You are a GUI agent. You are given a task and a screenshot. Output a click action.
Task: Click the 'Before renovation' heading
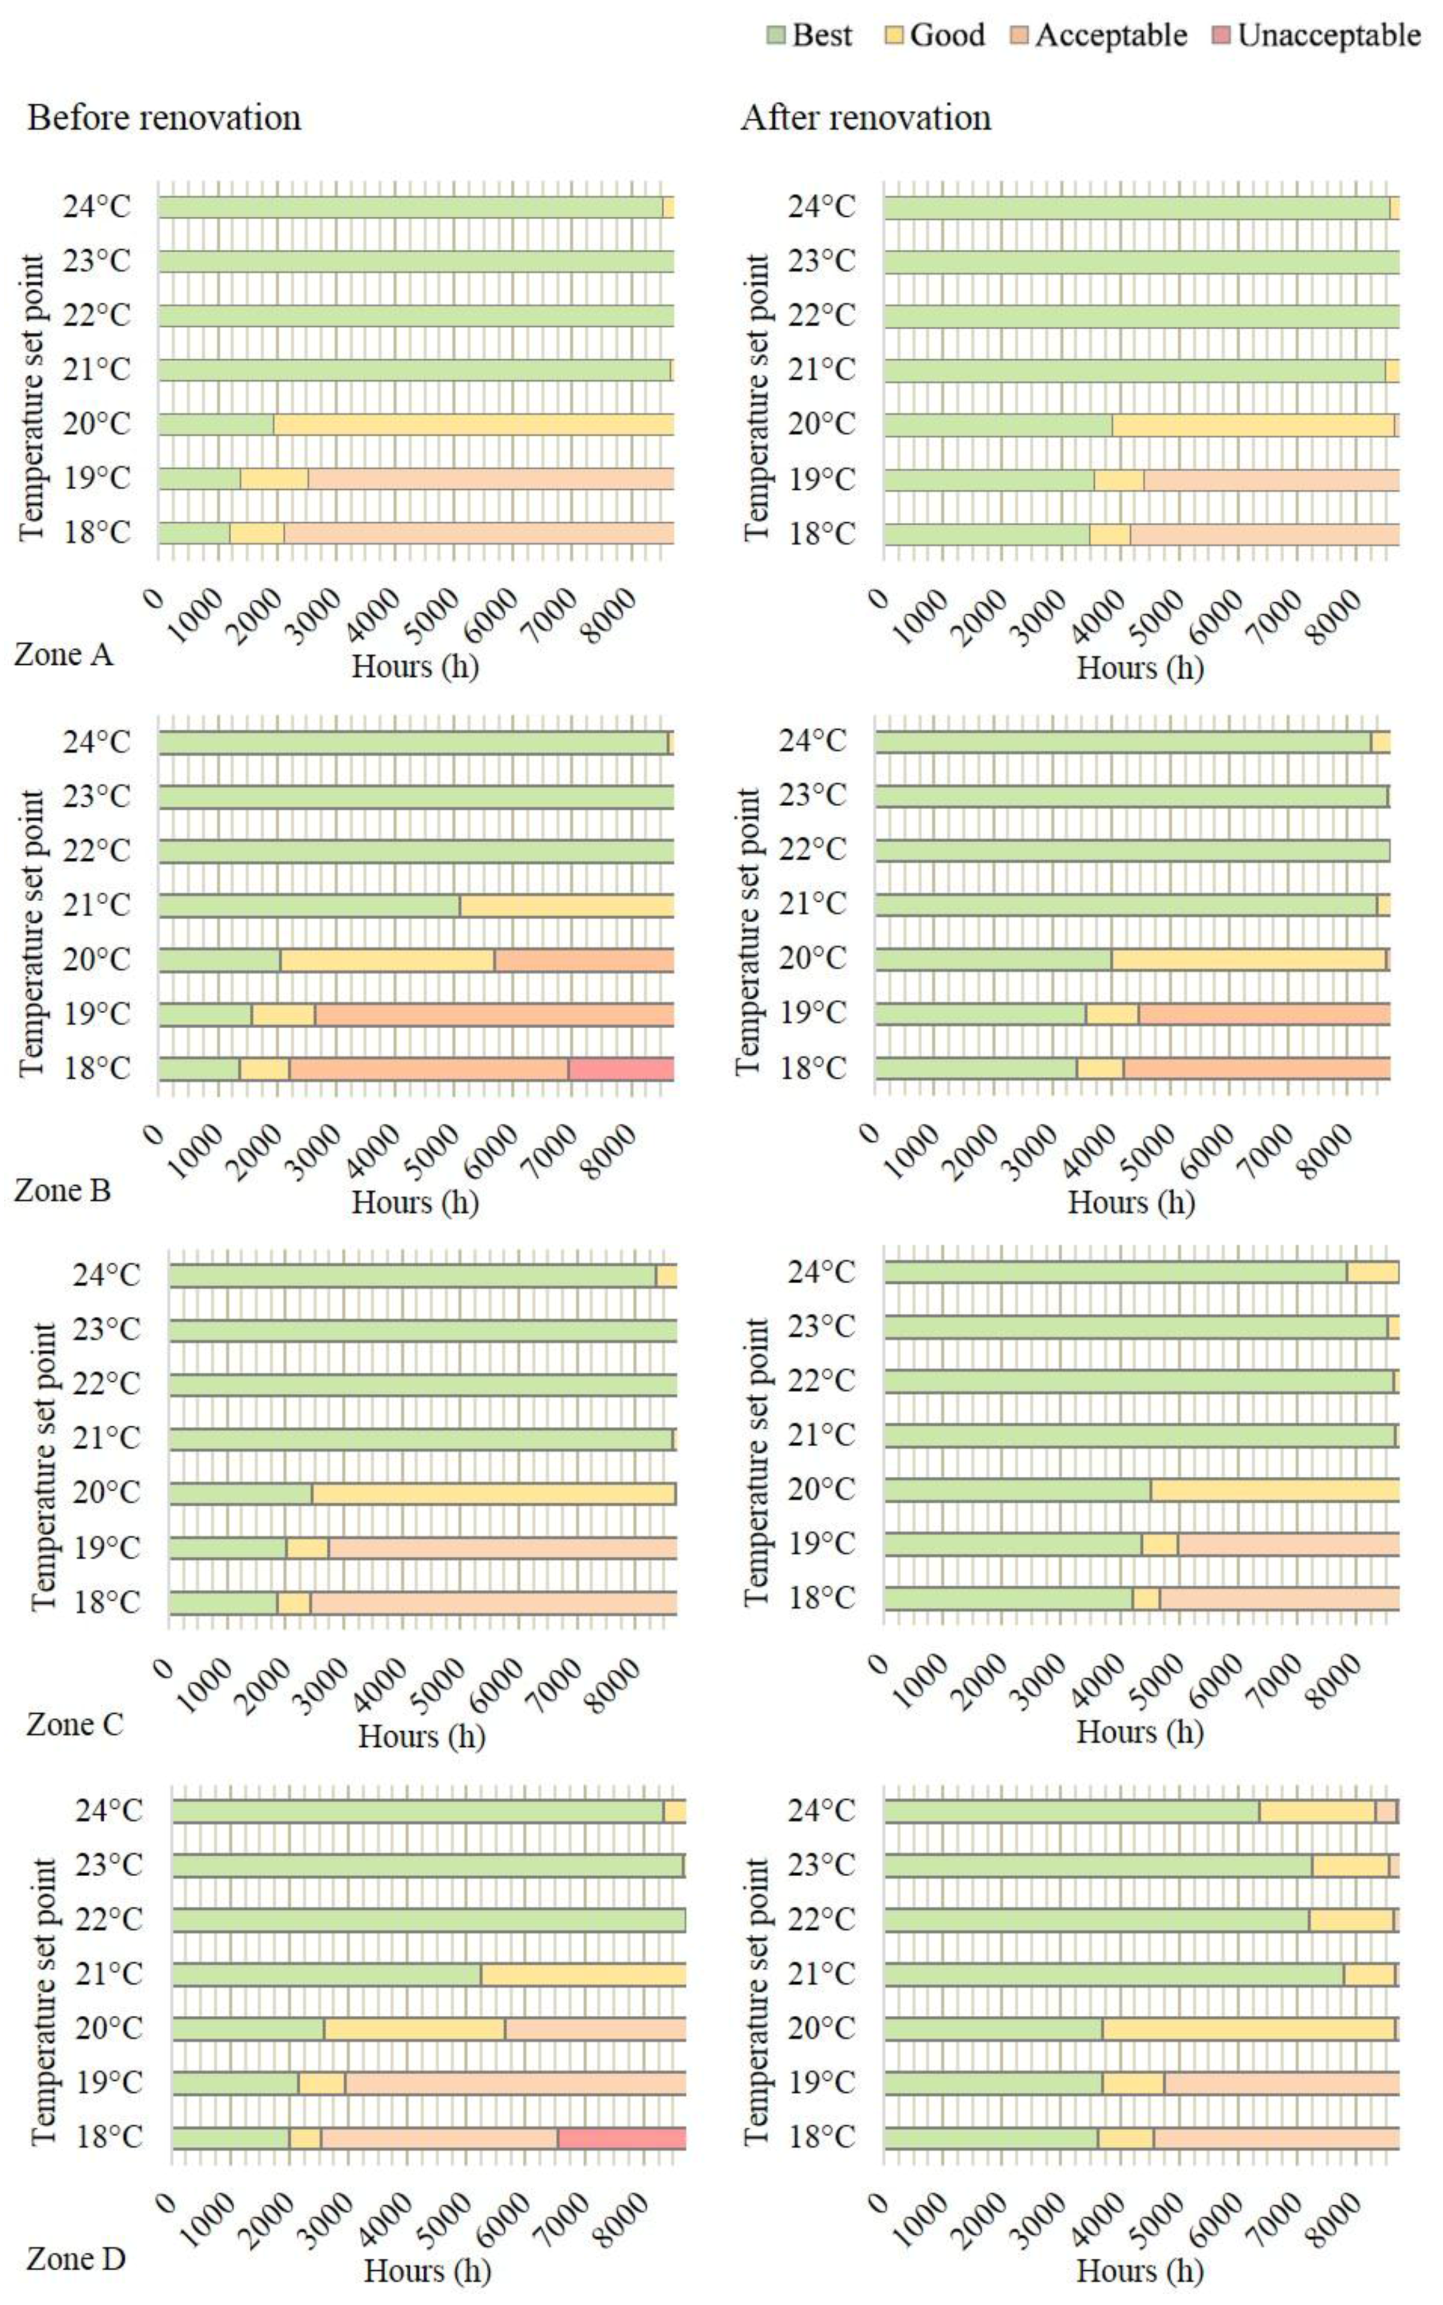[x=164, y=118]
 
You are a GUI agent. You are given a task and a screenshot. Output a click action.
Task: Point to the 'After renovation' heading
[x=866, y=118]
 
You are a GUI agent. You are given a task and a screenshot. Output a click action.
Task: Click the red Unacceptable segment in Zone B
[x=621, y=1069]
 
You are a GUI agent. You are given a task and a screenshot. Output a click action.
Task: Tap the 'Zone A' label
[x=63, y=655]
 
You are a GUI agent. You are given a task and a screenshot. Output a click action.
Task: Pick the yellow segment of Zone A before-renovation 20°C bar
[x=474, y=424]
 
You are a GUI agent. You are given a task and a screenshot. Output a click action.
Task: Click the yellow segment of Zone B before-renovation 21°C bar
[x=567, y=905]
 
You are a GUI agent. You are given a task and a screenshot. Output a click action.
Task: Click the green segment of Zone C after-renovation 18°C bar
[x=1008, y=1598]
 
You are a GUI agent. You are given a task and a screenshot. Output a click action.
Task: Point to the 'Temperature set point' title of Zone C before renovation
[x=44, y=1466]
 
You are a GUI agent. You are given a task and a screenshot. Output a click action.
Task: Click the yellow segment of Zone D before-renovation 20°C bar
[x=414, y=2029]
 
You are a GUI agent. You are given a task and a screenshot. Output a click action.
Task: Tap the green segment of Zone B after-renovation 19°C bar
[x=980, y=1014]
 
